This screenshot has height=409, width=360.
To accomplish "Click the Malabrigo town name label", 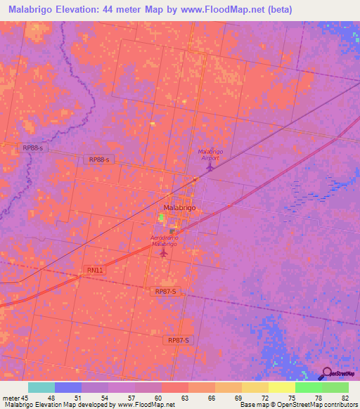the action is tap(179, 209).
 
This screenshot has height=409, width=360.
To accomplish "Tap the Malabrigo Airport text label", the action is tap(209, 155).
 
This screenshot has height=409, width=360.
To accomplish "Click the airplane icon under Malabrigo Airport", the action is tap(209, 167).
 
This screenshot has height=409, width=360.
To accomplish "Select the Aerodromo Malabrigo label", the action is tap(163, 241).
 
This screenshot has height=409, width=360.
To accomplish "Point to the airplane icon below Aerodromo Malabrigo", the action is tap(164, 252).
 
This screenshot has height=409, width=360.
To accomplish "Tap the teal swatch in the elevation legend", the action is tap(41, 387).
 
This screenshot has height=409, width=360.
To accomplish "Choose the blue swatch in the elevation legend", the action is tap(68, 387).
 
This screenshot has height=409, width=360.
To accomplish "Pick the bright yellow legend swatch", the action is tap(281, 387).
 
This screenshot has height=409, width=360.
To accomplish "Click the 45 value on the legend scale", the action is tap(25, 397).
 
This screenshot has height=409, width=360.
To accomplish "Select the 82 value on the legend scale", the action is tap(344, 397).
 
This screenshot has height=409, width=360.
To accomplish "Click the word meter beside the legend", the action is tap(10, 397).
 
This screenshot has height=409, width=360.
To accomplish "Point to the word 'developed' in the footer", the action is tap(97, 405).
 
